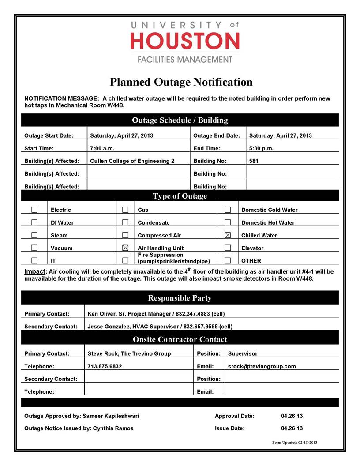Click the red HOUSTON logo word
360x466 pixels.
185,41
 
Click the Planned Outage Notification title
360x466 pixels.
181,82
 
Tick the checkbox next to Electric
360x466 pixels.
34,210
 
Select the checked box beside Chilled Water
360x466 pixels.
228,235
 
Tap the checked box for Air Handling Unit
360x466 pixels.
125,248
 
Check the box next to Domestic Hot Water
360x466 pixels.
228,222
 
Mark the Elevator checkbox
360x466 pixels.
228,248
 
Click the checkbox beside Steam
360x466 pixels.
34,235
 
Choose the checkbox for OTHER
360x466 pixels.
228,260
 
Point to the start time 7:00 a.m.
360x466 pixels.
102,148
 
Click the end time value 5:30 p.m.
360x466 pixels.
261,148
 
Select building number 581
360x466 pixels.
254,161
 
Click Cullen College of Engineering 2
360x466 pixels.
132,161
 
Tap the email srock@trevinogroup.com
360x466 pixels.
262,366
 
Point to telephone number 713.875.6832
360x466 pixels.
105,366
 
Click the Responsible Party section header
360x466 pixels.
180,298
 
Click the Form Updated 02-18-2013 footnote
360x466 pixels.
295,443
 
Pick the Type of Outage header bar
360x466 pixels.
180,196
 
